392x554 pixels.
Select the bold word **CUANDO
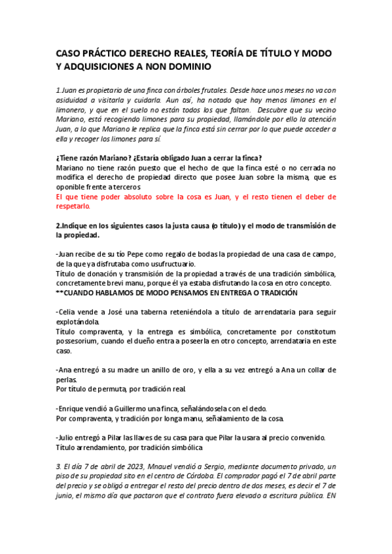(x=76, y=293)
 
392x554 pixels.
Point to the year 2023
(x=132, y=466)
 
